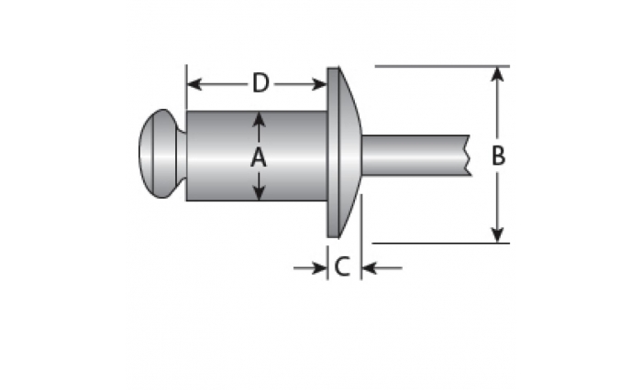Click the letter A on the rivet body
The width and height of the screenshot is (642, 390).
(259, 157)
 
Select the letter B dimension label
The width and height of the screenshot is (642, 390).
(498, 156)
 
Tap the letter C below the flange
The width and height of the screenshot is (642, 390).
(342, 266)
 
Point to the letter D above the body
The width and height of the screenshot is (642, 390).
(260, 83)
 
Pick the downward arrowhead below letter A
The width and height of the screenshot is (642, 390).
(259, 193)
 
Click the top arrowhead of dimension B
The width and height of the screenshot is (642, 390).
(497, 73)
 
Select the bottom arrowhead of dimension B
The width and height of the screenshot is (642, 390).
(497, 235)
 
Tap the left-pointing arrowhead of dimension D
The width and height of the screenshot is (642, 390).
(194, 84)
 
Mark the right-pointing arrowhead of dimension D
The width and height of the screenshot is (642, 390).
(319, 84)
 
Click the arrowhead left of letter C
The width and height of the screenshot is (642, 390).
(319, 268)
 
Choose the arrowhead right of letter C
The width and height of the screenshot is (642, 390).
(370, 268)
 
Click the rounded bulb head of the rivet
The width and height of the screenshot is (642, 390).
(159, 154)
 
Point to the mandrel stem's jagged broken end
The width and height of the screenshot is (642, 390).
(468, 156)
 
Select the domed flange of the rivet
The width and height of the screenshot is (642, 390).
(343, 152)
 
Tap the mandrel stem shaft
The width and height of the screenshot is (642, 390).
(415, 156)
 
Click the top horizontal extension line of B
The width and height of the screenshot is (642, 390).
(442, 66)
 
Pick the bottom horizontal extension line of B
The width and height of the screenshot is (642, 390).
(441, 244)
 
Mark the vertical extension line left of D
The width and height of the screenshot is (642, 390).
(186, 87)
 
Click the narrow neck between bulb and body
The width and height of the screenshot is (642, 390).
(182, 155)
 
